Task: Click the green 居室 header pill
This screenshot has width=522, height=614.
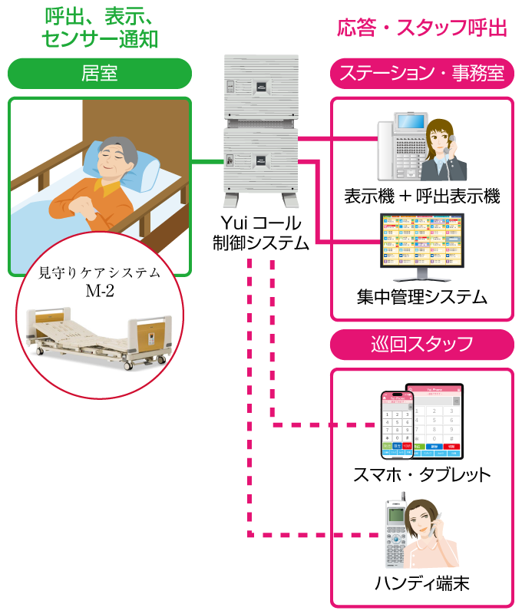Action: pos(99,73)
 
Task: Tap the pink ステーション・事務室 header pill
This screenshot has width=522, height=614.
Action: pos(421,73)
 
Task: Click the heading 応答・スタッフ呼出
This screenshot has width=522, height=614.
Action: pos(422,28)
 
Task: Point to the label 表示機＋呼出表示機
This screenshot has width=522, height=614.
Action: pos(422,196)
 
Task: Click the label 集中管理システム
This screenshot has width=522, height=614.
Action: pos(422,296)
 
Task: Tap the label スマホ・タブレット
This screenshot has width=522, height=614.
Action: pos(421,474)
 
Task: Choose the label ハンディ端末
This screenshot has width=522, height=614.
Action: pos(421,583)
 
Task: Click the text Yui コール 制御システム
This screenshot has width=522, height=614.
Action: pos(261,233)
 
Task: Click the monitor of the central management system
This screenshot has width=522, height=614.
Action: pos(421,241)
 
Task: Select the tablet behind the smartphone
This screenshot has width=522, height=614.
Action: pos(438,418)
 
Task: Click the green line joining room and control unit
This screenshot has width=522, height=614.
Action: pos(206,161)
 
